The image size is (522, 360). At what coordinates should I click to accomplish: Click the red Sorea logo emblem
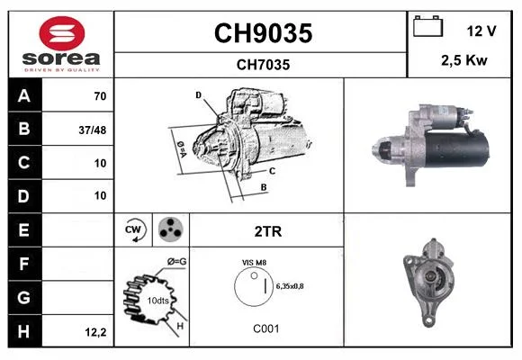click(62, 33)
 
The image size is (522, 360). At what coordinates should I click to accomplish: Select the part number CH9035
click(263, 33)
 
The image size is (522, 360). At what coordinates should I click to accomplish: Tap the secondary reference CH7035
click(263, 65)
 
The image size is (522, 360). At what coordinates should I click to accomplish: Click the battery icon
click(427, 26)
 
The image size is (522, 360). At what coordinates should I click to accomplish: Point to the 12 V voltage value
click(481, 31)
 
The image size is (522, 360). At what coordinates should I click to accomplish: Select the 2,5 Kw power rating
click(464, 60)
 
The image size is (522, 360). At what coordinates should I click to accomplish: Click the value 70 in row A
click(100, 96)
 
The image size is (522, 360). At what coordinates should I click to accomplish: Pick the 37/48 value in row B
click(93, 130)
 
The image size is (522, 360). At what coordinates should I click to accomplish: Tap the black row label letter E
click(23, 230)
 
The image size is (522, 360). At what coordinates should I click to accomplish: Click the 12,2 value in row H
click(95, 332)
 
